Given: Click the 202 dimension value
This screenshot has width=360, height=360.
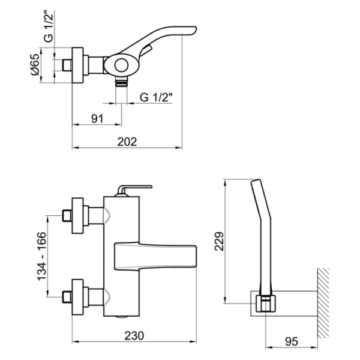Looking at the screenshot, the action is (127, 142).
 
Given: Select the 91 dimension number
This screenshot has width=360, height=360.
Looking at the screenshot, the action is (97, 119).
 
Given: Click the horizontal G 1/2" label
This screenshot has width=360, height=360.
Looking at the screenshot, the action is (156, 97).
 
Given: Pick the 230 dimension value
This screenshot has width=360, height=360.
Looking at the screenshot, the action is (134, 335).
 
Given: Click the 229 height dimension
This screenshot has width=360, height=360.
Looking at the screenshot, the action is (219, 241).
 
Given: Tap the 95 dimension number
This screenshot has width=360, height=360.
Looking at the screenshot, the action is (292, 341).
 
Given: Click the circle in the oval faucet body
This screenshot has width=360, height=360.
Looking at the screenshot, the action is (121, 65).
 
